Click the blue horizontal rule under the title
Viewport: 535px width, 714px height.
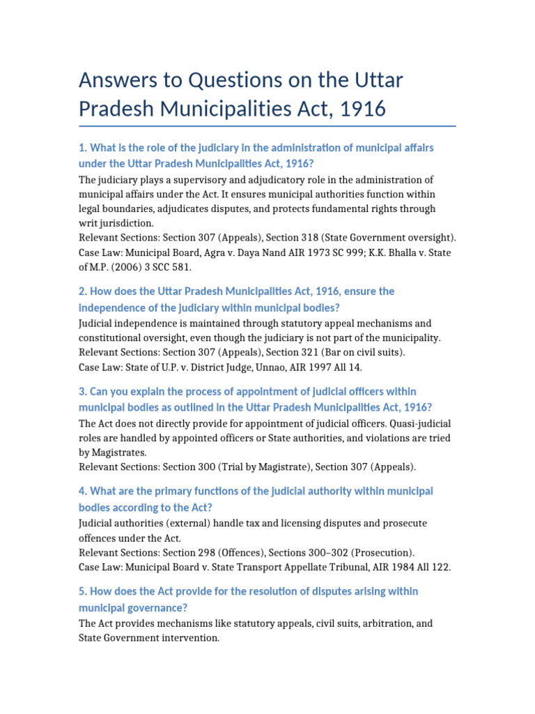pyautogui.click(x=267, y=126)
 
